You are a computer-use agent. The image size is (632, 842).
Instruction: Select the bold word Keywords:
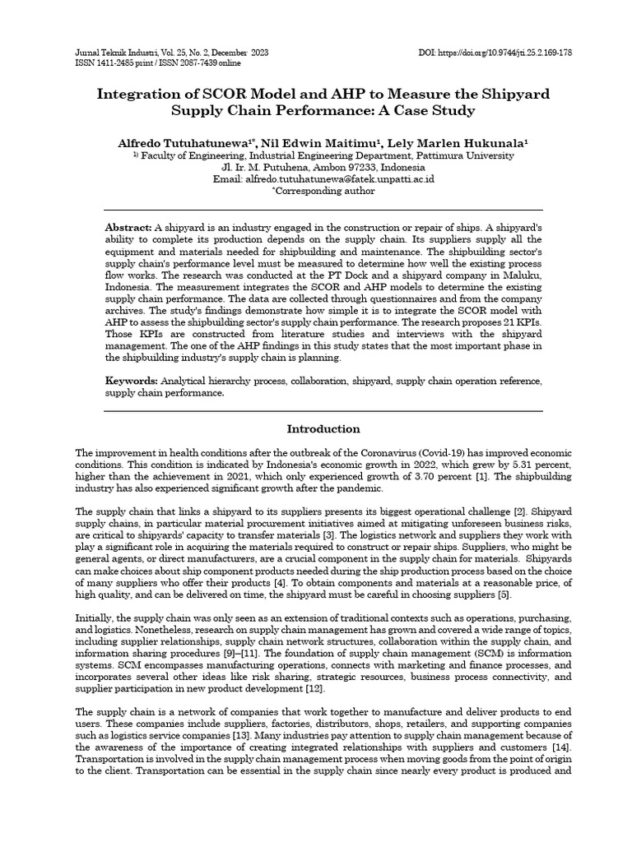coord(131,382)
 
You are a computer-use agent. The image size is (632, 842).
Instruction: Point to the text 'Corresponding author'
coord(324,191)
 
